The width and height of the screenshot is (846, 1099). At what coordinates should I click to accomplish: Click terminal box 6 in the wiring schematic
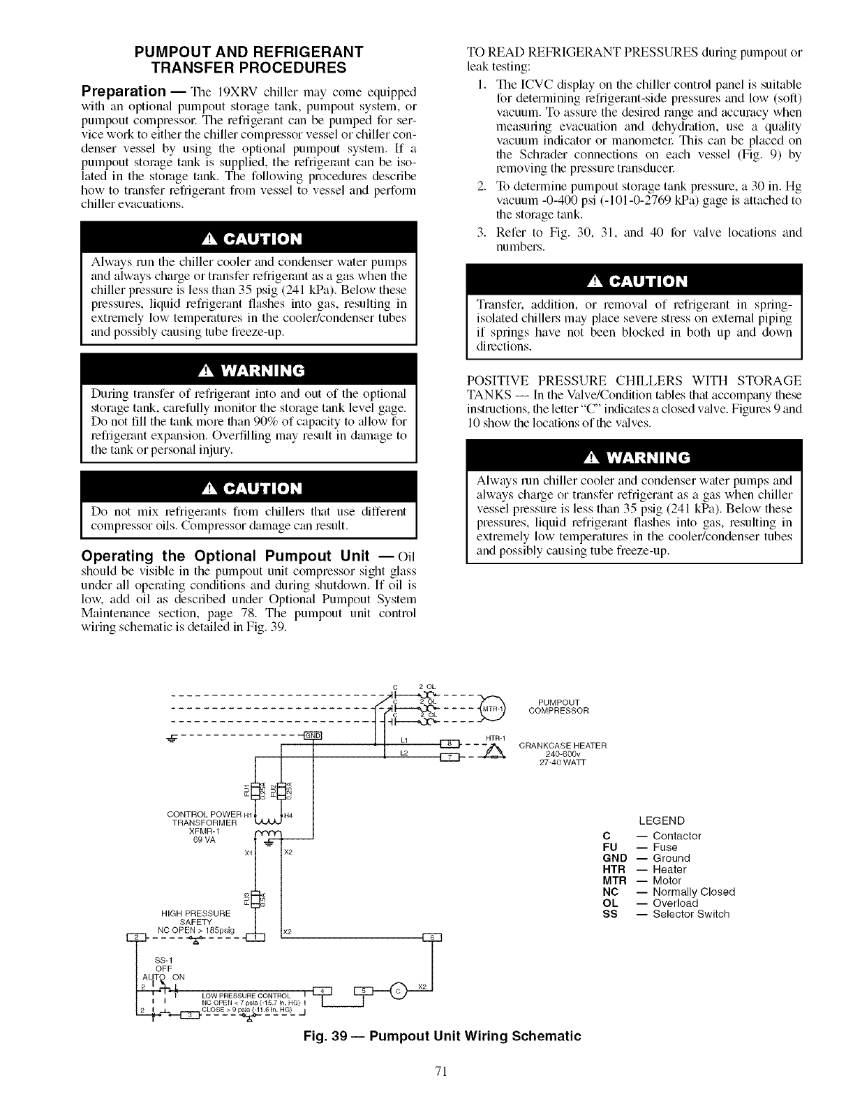[x=432, y=938]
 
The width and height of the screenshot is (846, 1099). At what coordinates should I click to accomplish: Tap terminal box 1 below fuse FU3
[x=257, y=938]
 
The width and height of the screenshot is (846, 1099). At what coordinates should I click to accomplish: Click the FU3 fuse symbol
[x=255, y=899]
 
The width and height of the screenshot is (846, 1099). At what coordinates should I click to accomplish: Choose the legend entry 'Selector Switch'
[x=691, y=914]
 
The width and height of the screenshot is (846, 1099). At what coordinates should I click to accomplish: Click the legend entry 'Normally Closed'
[x=694, y=892]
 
